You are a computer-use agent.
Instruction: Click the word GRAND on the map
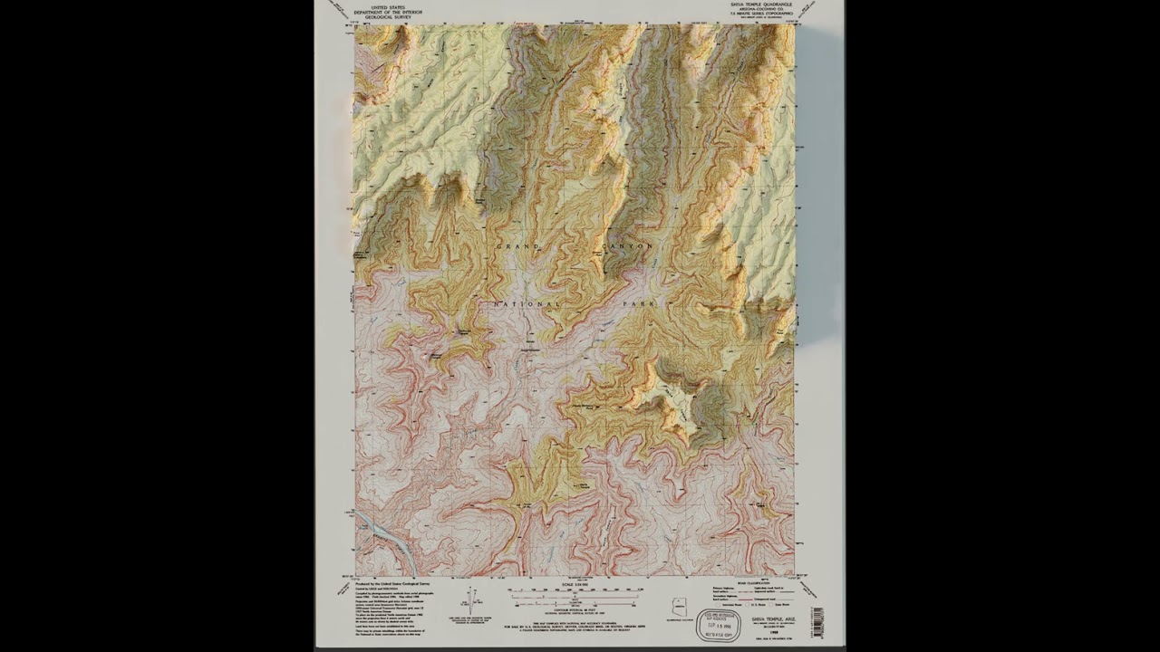(x=517, y=246)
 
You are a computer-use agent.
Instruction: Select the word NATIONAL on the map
(x=527, y=303)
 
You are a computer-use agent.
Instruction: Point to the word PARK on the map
(x=640, y=303)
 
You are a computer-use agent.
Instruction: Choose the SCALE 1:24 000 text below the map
(x=574, y=585)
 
